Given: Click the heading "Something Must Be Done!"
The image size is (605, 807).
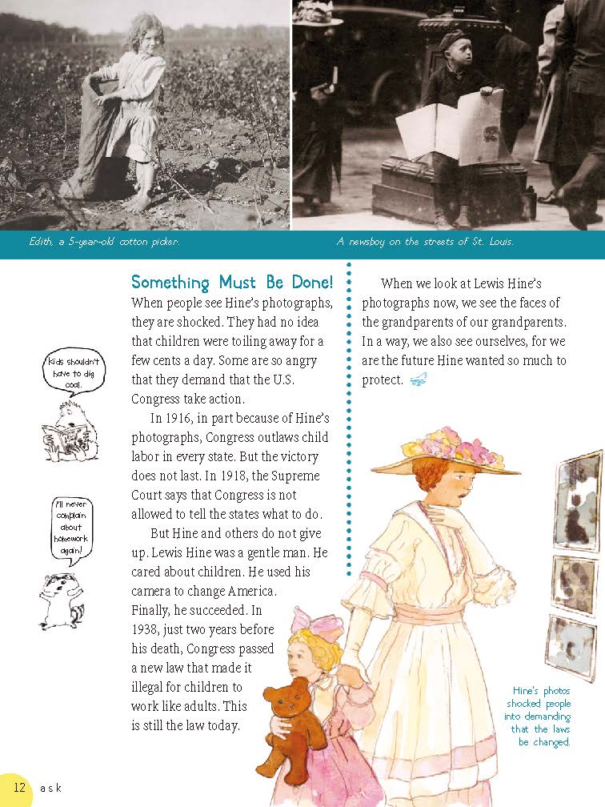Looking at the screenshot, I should click(232, 283).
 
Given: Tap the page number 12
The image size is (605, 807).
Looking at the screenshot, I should click(20, 787).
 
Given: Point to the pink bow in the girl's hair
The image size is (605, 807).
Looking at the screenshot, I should click(307, 620).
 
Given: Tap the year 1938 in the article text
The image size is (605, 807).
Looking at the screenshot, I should click(146, 630).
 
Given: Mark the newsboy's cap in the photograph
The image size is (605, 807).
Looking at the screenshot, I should click(454, 38).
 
